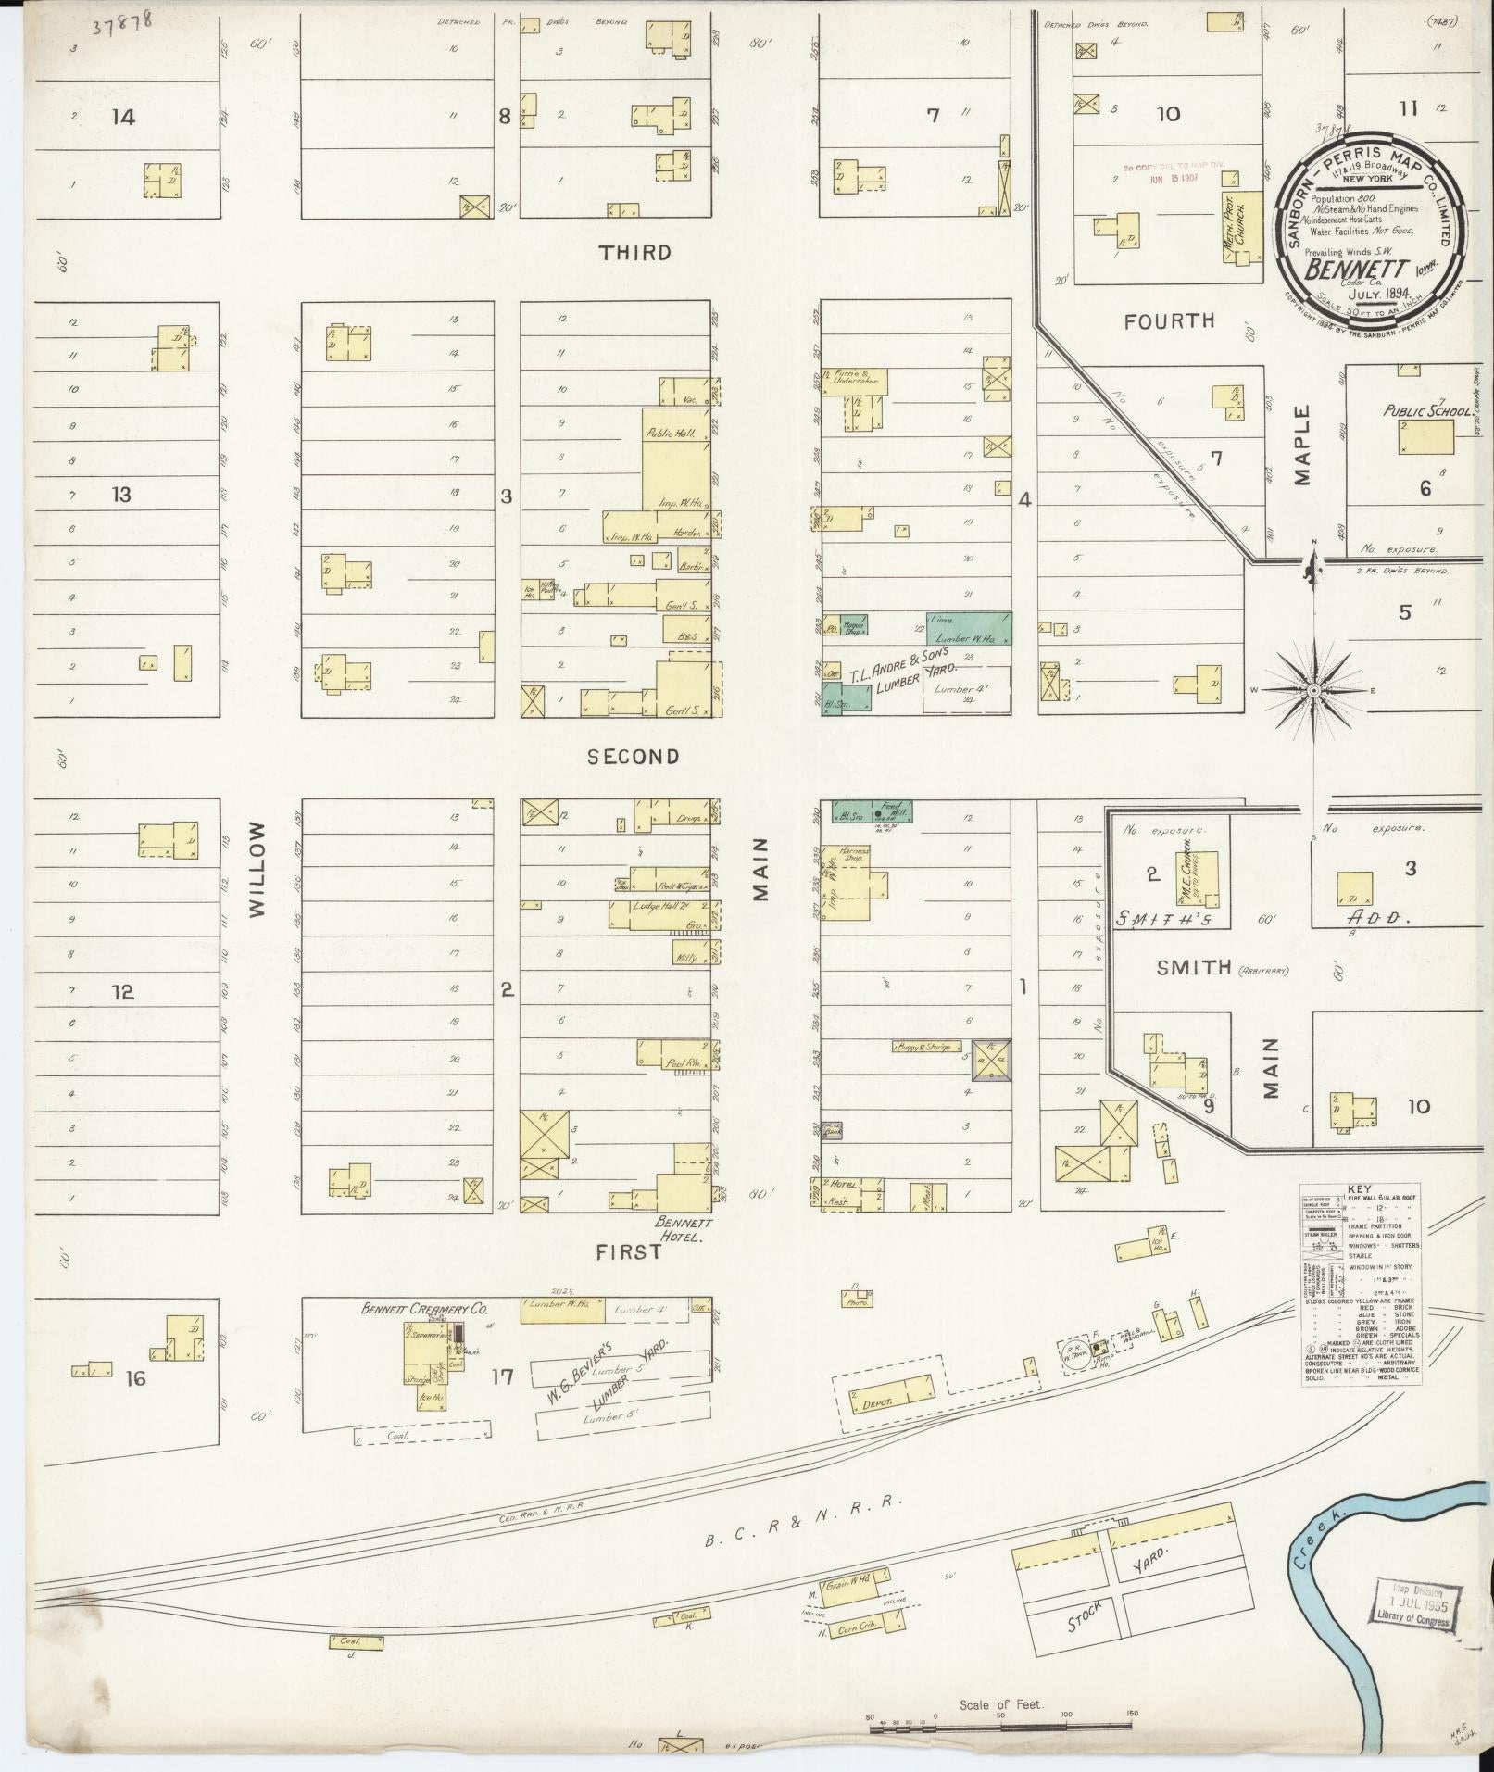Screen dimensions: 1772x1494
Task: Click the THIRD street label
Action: tap(634, 253)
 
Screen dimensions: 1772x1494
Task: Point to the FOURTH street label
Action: tap(1169, 321)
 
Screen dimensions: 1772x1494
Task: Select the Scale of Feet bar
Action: tap(1000, 1716)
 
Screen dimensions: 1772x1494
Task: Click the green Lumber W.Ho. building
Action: tap(969, 628)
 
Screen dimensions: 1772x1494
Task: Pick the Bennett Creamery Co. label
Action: tap(424, 1311)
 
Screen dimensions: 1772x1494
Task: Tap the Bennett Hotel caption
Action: tap(683, 1227)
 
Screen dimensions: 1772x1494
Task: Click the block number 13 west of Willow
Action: tap(121, 495)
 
